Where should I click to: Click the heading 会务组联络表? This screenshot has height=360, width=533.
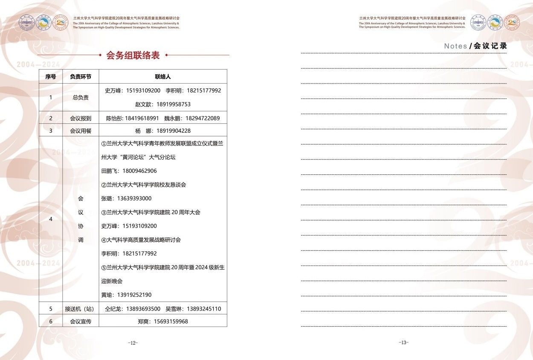133,55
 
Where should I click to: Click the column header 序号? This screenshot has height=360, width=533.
51,77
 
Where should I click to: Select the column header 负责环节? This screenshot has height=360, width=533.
81,77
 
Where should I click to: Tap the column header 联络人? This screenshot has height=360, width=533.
163,77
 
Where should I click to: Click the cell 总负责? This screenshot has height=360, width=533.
81,97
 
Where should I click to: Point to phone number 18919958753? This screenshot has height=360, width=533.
174,105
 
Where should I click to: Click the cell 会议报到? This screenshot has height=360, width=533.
81,118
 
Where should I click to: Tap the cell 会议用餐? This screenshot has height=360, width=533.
81,131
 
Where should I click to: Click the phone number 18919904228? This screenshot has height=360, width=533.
174,131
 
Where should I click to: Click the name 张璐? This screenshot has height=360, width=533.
107,198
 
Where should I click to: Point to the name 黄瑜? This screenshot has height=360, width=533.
107,295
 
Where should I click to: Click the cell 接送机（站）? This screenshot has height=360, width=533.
81,309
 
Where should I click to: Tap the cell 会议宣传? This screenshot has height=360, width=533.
81,322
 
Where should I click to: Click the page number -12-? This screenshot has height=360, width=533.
133,343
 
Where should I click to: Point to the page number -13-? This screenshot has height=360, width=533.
403,343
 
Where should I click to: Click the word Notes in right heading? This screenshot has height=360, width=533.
455,46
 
